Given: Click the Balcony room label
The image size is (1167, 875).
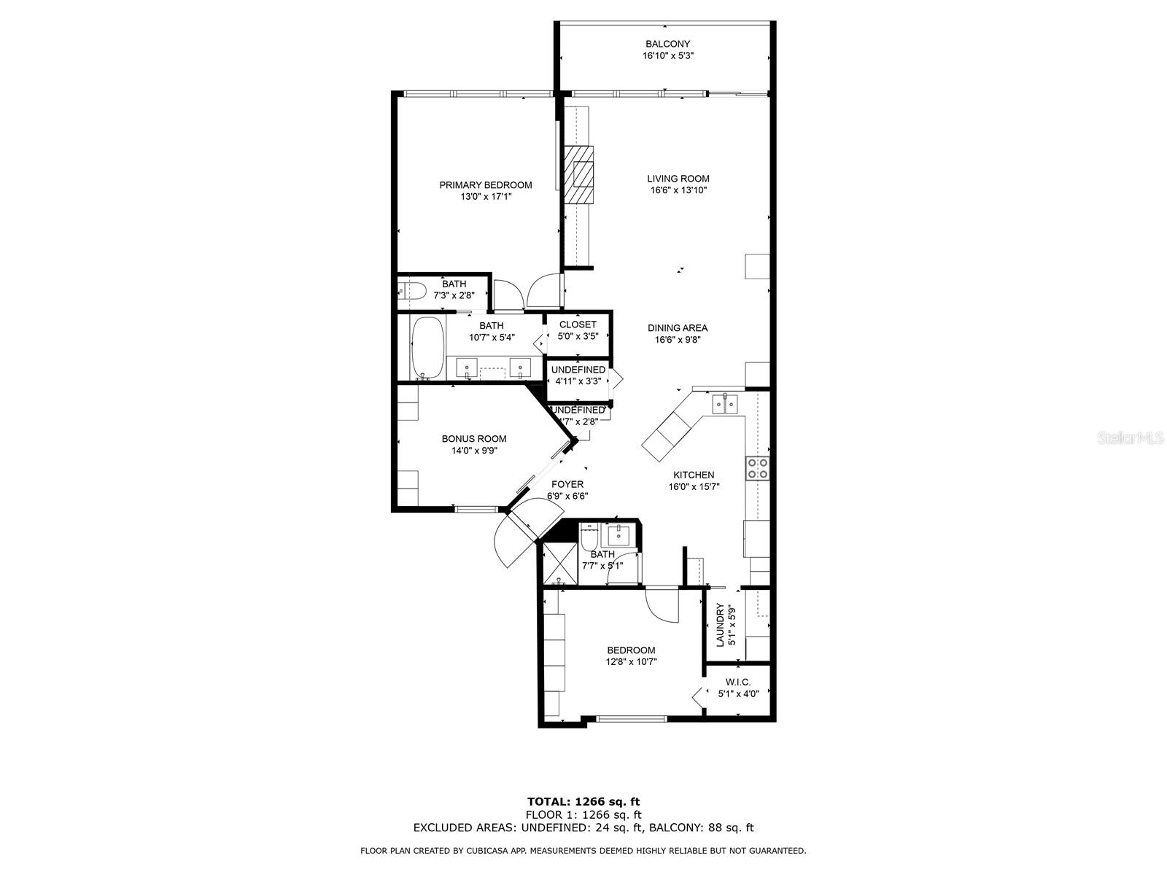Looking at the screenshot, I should (667, 44).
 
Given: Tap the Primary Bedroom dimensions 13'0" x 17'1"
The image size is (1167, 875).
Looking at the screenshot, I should (485, 197).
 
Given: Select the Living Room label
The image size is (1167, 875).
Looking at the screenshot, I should (678, 179).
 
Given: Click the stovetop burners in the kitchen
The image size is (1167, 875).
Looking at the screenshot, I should (757, 468).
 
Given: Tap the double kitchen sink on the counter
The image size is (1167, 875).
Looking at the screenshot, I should (725, 403).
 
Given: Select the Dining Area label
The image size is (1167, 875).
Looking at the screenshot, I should (678, 328).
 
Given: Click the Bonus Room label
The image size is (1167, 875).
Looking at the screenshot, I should (473, 439).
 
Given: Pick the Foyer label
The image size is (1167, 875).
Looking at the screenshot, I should (567, 484).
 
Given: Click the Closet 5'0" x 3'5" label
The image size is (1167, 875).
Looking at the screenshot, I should (578, 325).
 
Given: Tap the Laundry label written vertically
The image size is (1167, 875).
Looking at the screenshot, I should (720, 625).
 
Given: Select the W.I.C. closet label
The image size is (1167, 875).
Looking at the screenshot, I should (738, 682).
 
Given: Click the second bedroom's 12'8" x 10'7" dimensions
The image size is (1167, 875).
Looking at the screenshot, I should (631, 662).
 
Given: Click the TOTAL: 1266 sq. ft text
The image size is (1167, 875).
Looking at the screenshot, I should (583, 802).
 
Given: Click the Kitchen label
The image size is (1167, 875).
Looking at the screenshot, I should (693, 475).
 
